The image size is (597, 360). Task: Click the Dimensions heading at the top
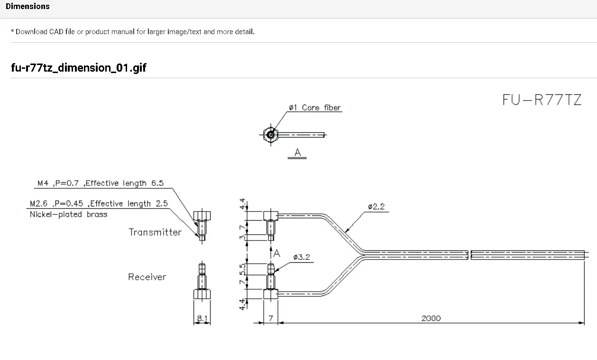coord(28,7)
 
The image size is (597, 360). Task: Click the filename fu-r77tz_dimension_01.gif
coord(79,68)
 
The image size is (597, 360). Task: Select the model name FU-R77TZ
coord(542,100)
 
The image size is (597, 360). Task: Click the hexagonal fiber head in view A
coord(270,135)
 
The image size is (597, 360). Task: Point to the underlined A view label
coord(297,153)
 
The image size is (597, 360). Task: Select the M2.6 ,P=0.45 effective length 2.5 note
coord(98,203)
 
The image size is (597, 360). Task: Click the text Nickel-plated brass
coord(68,214)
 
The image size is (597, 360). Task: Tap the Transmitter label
coord(155,232)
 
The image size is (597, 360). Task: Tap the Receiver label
coord(147,277)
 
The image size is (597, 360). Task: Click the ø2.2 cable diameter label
coord(376,207)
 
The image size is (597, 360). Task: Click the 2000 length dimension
coord(431,318)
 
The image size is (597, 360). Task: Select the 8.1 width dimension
coord(202,319)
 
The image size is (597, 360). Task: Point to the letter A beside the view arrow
coord(277,254)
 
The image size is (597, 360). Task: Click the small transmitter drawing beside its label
coord(202,225)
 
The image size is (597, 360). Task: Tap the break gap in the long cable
coord(469,255)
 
